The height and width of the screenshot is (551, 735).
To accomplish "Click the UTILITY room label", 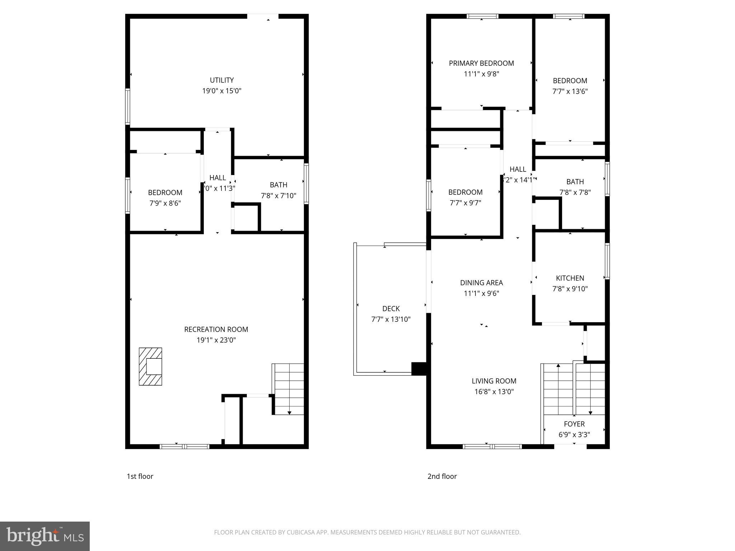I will tap(222, 80).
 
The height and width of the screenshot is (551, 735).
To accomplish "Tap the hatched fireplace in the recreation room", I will tap(150, 367).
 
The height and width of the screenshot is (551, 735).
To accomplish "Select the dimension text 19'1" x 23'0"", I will tap(216, 340).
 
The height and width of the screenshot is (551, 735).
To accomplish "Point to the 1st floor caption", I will tap(140, 476).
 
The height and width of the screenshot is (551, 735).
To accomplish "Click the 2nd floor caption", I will tap(442, 476).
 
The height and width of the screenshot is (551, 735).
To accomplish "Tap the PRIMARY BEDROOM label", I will tap(481, 63).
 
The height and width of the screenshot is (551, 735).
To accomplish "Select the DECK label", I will tap(391, 309).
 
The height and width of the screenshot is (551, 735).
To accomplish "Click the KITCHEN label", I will tap(570, 278).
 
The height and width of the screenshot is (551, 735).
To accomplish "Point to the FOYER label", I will tap(574, 424).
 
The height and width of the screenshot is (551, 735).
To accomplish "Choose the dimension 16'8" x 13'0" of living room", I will tap(494, 392).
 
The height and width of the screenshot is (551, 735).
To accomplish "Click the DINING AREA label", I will tap(481, 283).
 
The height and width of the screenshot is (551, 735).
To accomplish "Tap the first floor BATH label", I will tap(278, 185).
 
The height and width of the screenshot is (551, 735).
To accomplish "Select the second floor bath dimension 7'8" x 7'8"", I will tap(575, 192).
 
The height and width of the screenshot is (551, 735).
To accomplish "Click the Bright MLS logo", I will tap(45, 536).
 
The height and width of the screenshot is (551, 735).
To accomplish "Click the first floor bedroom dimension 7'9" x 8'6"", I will tap(165, 203).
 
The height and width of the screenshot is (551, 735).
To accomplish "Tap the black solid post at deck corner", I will tap(418, 369).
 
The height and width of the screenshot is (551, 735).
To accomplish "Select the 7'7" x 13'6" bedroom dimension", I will tap(570, 91).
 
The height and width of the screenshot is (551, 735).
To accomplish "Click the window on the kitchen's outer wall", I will tap(607, 261).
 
